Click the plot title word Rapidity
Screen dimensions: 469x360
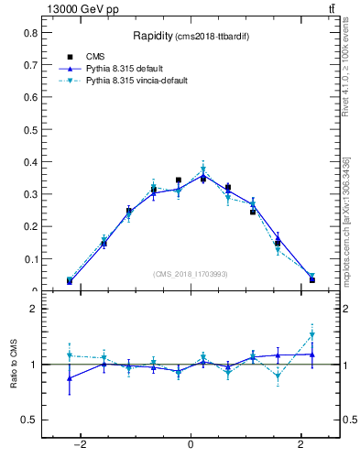pos(158,37)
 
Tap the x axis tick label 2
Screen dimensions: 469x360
pos(301,444)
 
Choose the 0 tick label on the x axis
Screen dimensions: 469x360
pos(191,444)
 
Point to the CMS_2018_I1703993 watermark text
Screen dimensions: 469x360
pos(191,273)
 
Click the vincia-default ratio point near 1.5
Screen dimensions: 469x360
pos(311,335)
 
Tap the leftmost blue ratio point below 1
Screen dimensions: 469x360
pos(70,377)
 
